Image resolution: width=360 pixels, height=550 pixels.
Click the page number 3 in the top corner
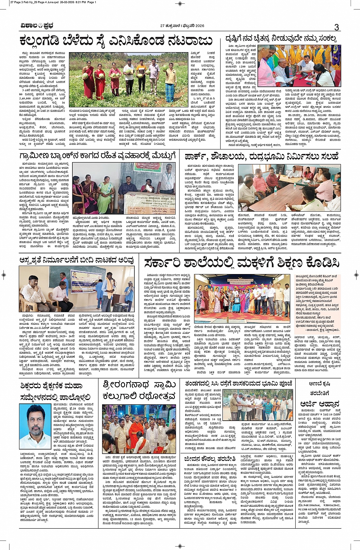(x=336, y=27)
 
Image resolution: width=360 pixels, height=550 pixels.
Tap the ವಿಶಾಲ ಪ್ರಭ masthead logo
(x=37, y=26)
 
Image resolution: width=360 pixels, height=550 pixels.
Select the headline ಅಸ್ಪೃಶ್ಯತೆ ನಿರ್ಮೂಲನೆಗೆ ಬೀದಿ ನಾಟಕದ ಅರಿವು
(x=76, y=260)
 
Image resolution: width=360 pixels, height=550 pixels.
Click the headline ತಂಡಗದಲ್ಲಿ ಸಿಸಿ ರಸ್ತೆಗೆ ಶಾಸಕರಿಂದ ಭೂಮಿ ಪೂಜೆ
(x=239, y=383)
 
